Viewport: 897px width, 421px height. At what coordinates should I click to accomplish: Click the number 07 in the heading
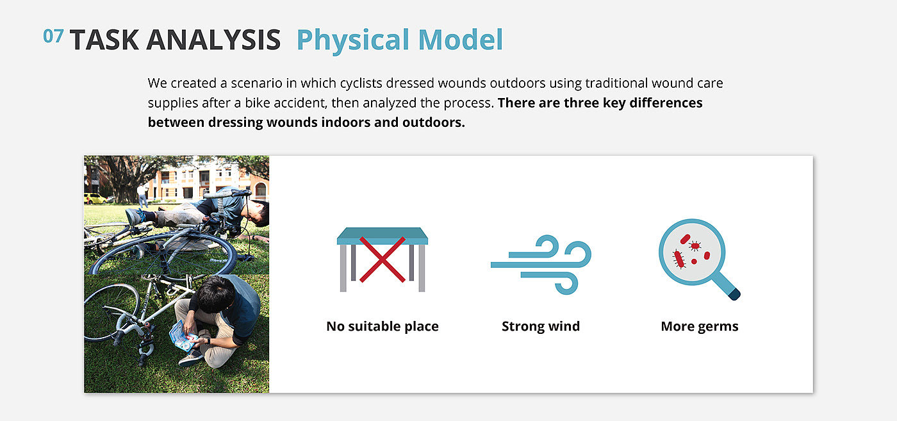53,36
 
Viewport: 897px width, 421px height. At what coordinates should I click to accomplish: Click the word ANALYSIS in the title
213,40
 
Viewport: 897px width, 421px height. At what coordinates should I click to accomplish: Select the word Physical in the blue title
353,40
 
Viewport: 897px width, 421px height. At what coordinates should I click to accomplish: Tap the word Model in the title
461,40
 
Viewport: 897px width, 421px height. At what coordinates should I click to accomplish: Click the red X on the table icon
383,260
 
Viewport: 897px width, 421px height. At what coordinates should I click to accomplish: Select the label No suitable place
383,326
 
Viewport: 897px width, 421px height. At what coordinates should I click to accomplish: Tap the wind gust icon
541,265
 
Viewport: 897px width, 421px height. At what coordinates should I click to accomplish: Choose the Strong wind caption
541,326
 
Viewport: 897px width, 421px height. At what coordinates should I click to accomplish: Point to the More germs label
700,326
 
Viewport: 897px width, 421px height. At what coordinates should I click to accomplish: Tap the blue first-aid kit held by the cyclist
183,337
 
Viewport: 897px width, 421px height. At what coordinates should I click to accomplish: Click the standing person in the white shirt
142,195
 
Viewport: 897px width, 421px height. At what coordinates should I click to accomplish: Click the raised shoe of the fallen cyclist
136,217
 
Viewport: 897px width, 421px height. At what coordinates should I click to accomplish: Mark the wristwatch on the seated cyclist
208,342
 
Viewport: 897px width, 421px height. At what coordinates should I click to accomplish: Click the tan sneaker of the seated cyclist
192,358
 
